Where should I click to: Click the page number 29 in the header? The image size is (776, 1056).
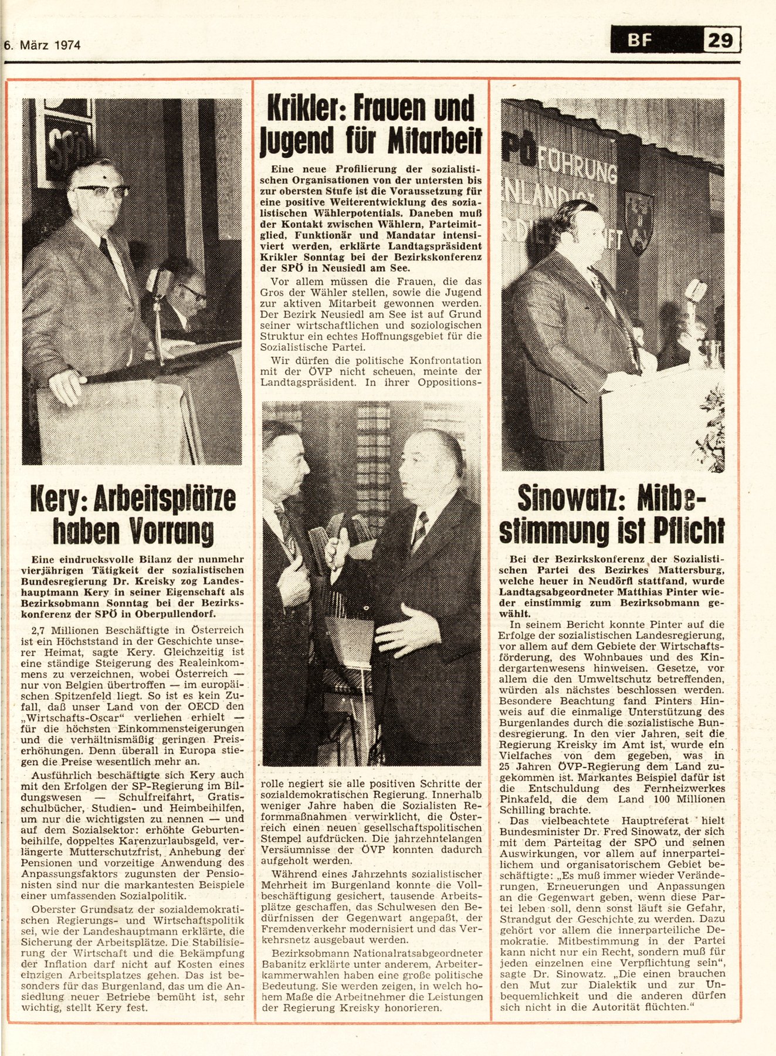(x=720, y=41)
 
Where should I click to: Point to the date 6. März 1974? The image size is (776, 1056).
(x=42, y=45)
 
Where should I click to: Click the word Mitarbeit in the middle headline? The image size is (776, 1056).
(x=435, y=140)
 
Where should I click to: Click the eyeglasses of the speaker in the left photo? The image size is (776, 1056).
(x=101, y=191)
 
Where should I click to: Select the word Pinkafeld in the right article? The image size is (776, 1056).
(x=523, y=799)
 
